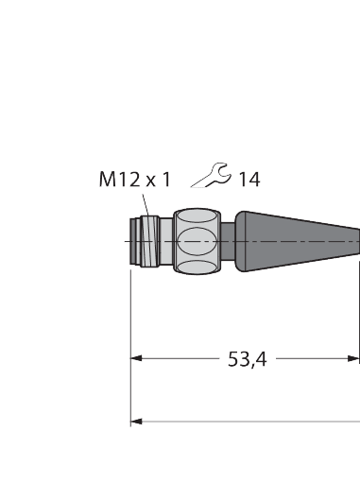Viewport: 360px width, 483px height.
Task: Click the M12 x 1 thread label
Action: (135, 179)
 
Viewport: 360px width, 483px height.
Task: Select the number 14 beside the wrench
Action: (249, 178)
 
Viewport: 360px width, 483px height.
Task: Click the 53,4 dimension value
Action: (248, 359)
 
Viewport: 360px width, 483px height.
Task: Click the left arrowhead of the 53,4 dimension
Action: (136, 359)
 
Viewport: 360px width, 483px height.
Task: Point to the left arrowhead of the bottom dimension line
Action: (136, 421)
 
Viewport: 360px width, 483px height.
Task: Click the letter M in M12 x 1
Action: (108, 179)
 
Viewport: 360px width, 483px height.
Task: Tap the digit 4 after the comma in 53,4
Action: (260, 359)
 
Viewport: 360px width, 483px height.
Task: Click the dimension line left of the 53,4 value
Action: (180, 359)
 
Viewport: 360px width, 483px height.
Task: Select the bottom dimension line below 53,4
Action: (246, 421)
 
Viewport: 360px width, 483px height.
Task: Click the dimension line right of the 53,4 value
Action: (312, 359)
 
